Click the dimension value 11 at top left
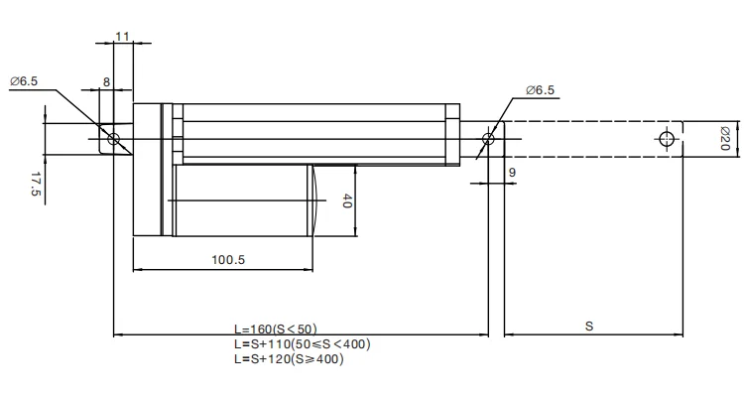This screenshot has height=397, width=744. (122, 37)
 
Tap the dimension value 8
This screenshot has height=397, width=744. (106, 83)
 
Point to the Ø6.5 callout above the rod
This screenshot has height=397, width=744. (540, 90)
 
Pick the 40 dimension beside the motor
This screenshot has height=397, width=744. (346, 201)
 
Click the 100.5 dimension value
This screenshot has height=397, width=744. (227, 260)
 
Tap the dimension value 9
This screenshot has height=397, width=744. (511, 173)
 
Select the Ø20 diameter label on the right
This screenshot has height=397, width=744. (724, 138)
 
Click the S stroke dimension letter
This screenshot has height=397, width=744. (588, 326)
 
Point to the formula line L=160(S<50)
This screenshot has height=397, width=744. (275, 329)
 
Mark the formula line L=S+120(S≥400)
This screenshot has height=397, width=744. (288, 358)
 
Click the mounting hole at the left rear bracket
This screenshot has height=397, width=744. (114, 138)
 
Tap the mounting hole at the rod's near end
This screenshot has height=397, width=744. (487, 138)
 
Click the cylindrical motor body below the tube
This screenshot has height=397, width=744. (243, 200)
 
